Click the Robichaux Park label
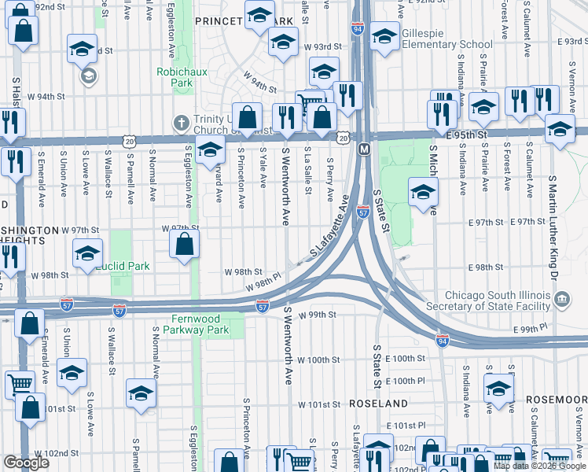coord(175,76)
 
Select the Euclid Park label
coord(122,267)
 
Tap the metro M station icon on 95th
coord(364,149)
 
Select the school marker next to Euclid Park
coord(87,253)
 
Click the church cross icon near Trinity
coord(181,123)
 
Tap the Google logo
coord(26,463)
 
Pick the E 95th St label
coord(469,135)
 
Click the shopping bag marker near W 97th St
coord(183,244)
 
